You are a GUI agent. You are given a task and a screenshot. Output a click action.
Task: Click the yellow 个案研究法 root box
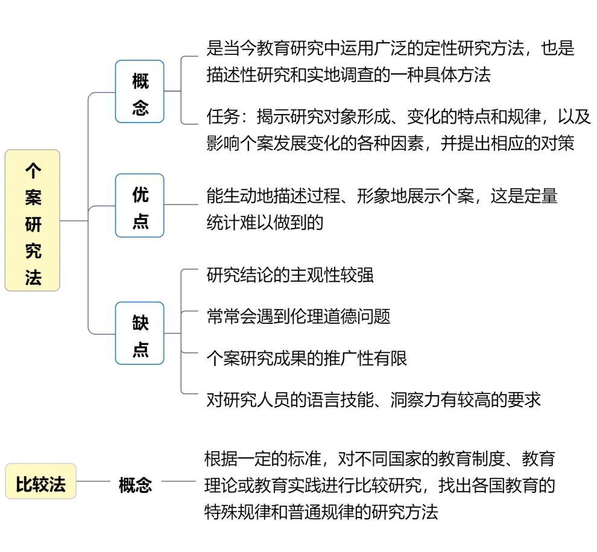pyautogui.click(x=33, y=220)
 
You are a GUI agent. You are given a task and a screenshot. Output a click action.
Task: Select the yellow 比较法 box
pyautogui.click(x=41, y=481)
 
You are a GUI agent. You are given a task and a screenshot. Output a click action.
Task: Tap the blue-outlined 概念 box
pyautogui.click(x=140, y=92)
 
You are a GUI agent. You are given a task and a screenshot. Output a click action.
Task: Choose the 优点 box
pyautogui.click(x=140, y=206)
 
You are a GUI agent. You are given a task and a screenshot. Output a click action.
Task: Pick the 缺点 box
pyautogui.click(x=140, y=333)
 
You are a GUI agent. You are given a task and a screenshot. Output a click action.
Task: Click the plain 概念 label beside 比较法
pyautogui.click(x=135, y=484)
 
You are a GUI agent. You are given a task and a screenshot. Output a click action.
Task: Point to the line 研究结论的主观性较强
pyautogui.click(x=290, y=274)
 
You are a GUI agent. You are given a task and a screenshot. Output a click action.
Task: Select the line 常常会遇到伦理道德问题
pyautogui.click(x=298, y=316)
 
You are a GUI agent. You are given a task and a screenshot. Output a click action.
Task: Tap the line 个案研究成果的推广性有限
pyautogui.click(x=306, y=358)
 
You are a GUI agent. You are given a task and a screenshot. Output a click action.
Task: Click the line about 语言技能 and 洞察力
pyautogui.click(x=373, y=399)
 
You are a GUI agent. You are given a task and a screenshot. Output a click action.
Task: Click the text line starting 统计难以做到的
pyautogui.click(x=265, y=222)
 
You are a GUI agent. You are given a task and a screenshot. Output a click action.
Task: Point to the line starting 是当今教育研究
pyautogui.click(x=390, y=48)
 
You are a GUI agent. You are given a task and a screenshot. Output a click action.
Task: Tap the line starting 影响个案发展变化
pyautogui.click(x=390, y=144)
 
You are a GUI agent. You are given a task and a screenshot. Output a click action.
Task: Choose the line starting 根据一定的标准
pyautogui.click(x=379, y=458)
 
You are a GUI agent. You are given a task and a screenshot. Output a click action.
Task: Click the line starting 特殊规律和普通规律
pyautogui.click(x=321, y=512)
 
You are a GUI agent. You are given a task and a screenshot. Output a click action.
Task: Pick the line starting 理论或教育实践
pyautogui.click(x=379, y=485)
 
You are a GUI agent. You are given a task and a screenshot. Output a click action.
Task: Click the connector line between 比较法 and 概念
pyautogui.click(x=93, y=482)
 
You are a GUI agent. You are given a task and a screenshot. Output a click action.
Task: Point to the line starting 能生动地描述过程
pyautogui.click(x=382, y=195)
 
